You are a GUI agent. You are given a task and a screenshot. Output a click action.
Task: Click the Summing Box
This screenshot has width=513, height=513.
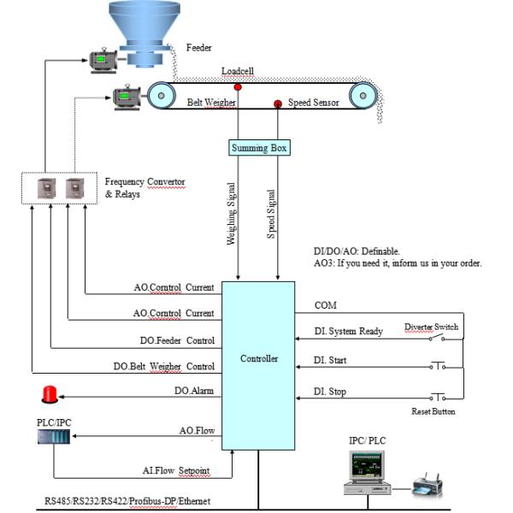tap(260, 148)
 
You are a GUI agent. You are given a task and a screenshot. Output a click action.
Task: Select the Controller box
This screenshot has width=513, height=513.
tap(259, 358)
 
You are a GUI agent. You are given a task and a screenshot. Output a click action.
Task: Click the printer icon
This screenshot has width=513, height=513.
tap(427, 486)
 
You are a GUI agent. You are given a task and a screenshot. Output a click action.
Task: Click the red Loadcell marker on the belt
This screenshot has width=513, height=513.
tap(238, 86)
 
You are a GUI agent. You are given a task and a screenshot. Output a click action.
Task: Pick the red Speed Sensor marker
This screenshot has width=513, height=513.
tap(278, 104)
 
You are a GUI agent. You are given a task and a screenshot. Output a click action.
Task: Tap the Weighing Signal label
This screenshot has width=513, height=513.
tap(232, 214)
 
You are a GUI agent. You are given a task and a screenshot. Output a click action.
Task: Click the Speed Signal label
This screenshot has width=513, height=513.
tap(271, 214)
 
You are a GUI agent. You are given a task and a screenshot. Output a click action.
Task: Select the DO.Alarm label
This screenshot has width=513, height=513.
tap(194, 392)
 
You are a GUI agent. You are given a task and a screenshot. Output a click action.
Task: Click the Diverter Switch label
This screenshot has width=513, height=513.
tap(431, 326)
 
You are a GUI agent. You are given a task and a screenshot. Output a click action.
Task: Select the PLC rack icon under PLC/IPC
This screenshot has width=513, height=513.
tap(52, 436)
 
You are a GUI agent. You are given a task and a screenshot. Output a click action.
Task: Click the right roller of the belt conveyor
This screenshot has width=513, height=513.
tap(363, 94)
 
